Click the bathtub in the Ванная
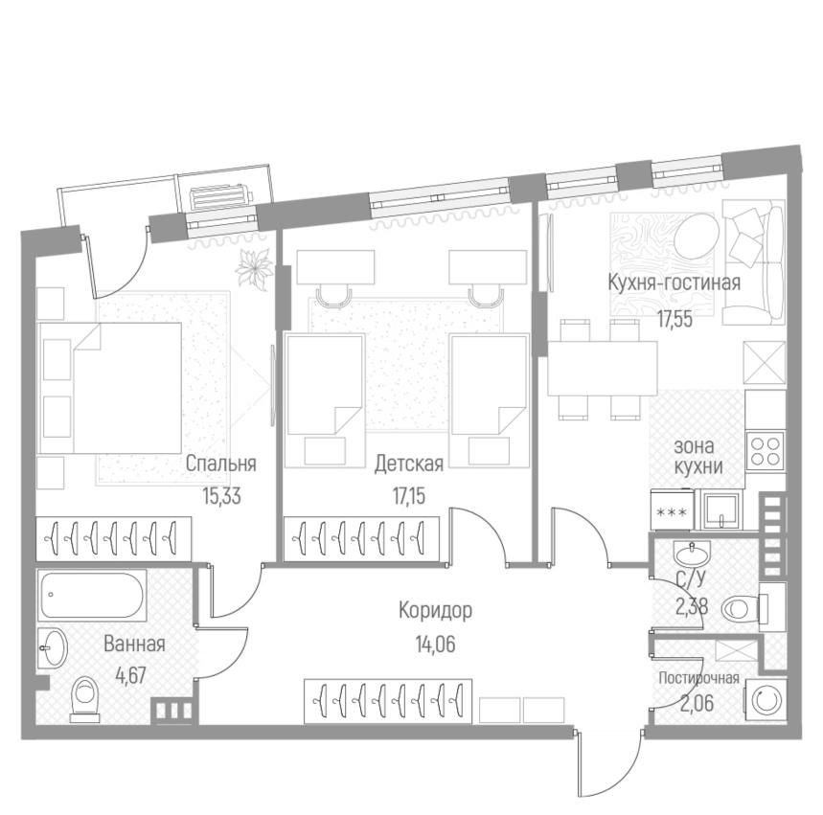coord(93,596)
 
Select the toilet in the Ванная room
coord(87,696)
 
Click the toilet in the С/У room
coord(741,605)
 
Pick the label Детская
coord(408,464)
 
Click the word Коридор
coord(436,610)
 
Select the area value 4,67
coord(134,674)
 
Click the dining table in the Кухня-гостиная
coord(601,369)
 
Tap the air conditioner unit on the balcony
coord(222,197)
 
